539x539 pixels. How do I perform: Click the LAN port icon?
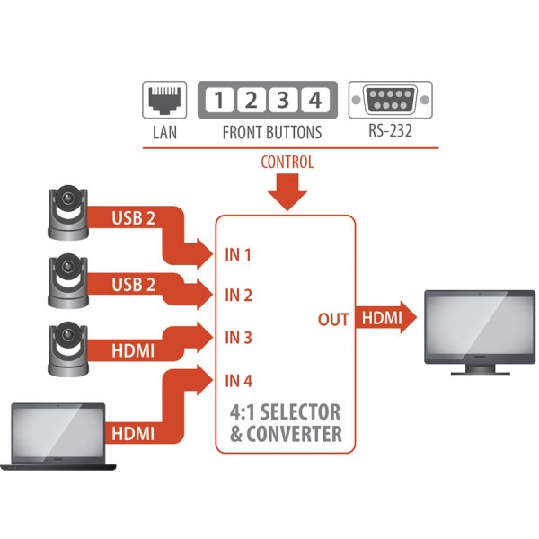click(164, 100)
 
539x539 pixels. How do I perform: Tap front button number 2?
click(252, 100)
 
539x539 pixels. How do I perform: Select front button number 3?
click(283, 100)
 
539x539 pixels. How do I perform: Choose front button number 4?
click(315, 100)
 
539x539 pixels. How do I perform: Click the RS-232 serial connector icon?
click(391, 100)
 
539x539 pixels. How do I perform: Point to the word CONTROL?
click(287, 163)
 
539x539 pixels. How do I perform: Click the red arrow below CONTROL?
click(287, 192)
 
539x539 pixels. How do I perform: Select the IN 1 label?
click(238, 255)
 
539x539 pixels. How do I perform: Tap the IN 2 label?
click(239, 296)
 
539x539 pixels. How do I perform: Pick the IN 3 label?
click(239, 338)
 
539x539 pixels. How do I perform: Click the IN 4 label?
click(239, 381)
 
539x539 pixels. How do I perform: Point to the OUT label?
click(333, 319)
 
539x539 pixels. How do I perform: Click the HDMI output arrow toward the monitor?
click(385, 317)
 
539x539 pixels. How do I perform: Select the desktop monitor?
click(480, 332)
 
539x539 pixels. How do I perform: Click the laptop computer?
click(57, 437)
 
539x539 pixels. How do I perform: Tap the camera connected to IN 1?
click(68, 212)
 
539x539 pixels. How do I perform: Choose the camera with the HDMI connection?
click(68, 349)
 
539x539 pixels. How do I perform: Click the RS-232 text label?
click(390, 130)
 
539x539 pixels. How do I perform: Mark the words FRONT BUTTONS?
click(272, 132)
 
